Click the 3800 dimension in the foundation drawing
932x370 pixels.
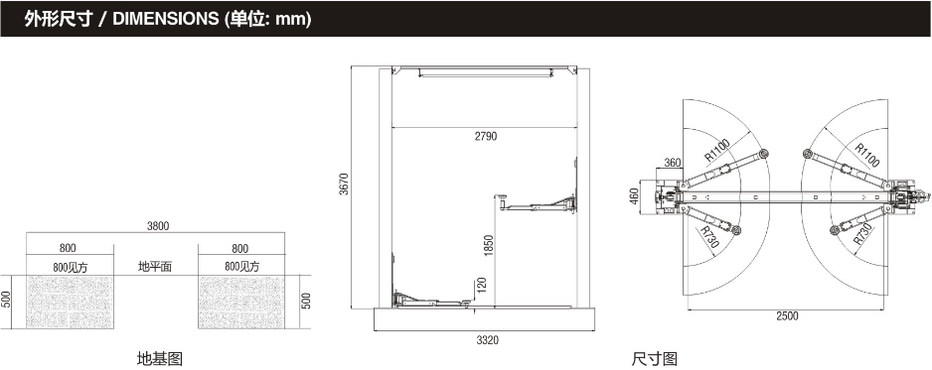coord(158,226)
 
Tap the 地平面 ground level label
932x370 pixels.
coord(155,267)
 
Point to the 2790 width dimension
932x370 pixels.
coord(486,136)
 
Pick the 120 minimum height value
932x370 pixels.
coord(482,286)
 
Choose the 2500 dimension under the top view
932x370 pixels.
coord(787,316)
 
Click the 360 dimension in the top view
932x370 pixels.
coord(673,163)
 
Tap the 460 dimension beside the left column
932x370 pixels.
coord(634,196)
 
